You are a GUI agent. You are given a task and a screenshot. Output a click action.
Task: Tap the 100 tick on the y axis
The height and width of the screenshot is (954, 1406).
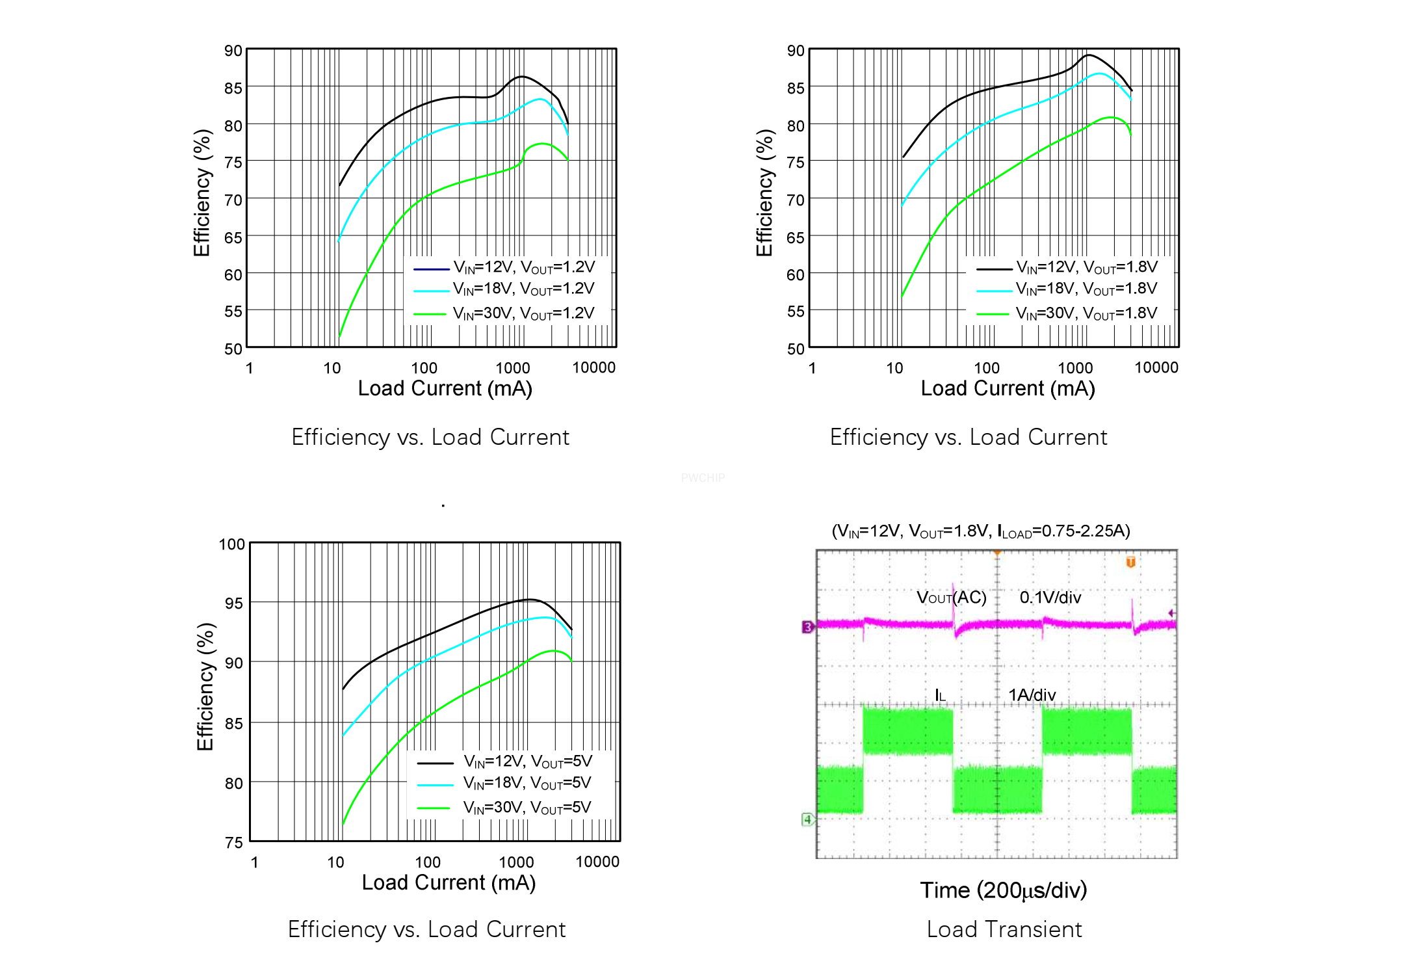[231, 544]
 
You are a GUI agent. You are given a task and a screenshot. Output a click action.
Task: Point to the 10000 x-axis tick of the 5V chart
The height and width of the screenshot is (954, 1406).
[597, 862]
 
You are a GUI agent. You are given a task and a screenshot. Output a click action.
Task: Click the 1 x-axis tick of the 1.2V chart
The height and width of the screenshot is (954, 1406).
[249, 368]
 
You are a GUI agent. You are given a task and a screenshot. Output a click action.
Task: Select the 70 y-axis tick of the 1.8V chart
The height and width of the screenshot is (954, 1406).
[795, 200]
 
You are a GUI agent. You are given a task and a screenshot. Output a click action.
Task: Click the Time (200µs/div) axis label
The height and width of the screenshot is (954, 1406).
[1003, 890]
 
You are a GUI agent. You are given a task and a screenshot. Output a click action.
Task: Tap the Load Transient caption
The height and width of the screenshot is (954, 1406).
[1004, 929]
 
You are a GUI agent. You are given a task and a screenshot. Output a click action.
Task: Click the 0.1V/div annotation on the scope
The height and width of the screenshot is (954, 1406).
[1050, 598]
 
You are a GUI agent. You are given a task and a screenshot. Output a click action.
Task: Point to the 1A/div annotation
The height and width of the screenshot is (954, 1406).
[1032, 695]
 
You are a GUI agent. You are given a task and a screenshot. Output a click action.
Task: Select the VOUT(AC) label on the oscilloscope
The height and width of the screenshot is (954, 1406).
[951, 598]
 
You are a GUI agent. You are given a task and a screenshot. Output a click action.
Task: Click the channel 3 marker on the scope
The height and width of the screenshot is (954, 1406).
[807, 627]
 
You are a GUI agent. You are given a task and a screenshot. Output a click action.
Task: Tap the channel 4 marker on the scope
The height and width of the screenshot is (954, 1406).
[807, 819]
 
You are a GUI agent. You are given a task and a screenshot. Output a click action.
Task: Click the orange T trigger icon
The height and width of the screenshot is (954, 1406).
[1130, 562]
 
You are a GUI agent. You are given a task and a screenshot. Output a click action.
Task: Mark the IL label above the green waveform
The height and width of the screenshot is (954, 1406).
[940, 696]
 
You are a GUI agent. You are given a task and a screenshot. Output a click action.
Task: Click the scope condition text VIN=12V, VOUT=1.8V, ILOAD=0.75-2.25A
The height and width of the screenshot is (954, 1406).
[981, 531]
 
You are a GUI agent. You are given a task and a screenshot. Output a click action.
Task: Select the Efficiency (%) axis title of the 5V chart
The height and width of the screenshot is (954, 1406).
[205, 686]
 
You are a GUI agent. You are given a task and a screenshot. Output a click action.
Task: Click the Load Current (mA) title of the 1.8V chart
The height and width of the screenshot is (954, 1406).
[1008, 389]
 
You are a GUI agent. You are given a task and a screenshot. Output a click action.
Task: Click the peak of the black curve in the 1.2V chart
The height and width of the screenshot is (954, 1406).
[522, 77]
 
